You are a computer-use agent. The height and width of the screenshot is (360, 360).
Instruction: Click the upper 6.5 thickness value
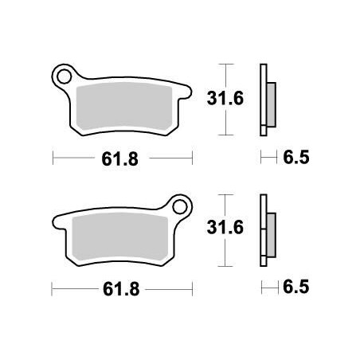coord(295,158)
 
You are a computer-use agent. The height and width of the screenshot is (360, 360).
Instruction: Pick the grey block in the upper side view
coord(272,101)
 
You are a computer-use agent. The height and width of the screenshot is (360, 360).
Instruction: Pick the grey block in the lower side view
coord(272,233)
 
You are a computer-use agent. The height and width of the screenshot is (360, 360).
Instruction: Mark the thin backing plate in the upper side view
coord(263,100)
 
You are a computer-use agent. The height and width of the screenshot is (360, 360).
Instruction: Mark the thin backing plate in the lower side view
coord(263,231)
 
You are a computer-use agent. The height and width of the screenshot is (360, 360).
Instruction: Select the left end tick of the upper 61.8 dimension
coord(53,158)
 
